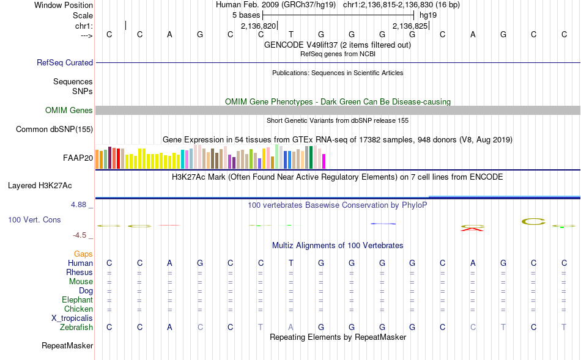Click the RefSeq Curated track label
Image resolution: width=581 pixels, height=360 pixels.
pyautogui.click(x=65, y=62)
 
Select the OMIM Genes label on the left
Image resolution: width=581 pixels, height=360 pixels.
pyautogui.click(x=69, y=111)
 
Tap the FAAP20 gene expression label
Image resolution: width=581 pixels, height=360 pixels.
pyautogui.click(x=78, y=158)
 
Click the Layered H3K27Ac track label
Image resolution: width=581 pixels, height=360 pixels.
pyautogui.click(x=50, y=185)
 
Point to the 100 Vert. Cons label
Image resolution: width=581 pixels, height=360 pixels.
pyautogui.click(x=35, y=219)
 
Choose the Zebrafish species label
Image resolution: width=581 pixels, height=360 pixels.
pyautogui.click(x=76, y=328)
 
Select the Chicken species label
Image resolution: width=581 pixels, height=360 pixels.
pyautogui.click(x=78, y=309)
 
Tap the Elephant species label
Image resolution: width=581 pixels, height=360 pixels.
pyautogui.click(x=77, y=300)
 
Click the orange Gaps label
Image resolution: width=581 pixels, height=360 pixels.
pyautogui.click(x=83, y=254)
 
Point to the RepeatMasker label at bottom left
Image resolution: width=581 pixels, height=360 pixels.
pyautogui.click(x=67, y=346)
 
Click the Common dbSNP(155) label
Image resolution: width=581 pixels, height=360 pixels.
pyautogui.click(x=54, y=129)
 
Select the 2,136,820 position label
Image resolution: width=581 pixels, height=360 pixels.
pyautogui.click(x=258, y=26)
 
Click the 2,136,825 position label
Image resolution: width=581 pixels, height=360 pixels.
pyautogui.click(x=410, y=26)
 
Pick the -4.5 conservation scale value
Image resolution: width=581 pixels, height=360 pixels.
pyautogui.click(x=83, y=235)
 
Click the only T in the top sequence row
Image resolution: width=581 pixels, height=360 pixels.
pyautogui.click(x=291, y=34)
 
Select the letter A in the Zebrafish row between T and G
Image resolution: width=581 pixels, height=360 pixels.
pyautogui.click(x=291, y=328)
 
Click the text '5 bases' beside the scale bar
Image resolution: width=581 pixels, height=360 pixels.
pyautogui.click(x=246, y=14)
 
